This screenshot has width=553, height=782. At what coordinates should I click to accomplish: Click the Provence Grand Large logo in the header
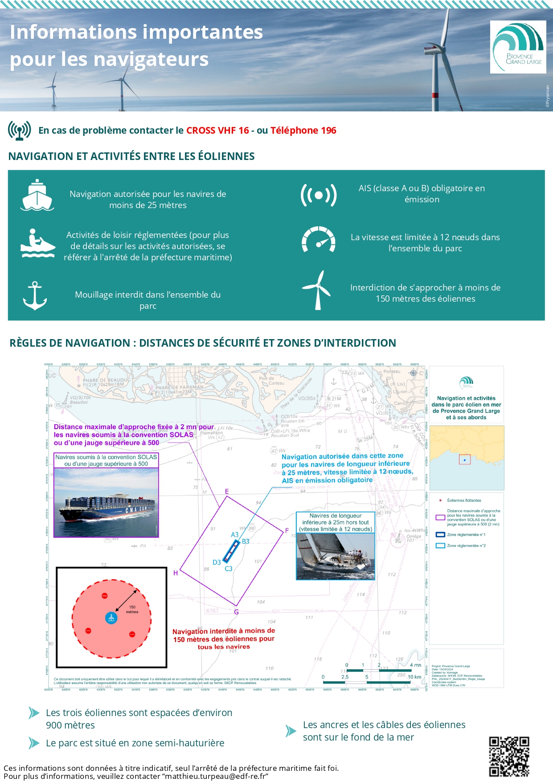[518, 47]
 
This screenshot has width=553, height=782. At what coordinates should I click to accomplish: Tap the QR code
[509, 756]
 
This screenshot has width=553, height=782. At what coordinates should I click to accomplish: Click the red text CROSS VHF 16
[217, 131]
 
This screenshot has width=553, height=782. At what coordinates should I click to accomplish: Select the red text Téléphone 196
[303, 131]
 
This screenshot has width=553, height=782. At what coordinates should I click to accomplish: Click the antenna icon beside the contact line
[19, 131]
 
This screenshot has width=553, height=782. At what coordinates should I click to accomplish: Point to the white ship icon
[37, 195]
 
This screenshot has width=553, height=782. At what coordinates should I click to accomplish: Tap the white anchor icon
[35, 296]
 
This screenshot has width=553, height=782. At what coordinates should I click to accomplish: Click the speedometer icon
[318, 240]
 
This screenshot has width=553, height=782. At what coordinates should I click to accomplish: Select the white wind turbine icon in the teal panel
[317, 291]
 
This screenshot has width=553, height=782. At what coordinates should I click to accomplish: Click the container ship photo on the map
[106, 502]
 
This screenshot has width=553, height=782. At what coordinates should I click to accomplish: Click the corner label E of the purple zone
[227, 491]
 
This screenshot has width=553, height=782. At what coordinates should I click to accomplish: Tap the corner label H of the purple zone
[176, 573]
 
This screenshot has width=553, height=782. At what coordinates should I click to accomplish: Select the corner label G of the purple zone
[236, 612]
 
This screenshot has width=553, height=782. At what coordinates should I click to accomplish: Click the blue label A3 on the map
[235, 535]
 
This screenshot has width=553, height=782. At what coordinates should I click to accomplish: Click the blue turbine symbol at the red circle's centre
[111, 618]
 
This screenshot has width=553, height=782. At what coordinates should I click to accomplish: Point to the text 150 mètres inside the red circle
[132, 609]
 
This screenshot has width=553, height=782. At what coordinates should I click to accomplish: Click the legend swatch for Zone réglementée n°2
[440, 545]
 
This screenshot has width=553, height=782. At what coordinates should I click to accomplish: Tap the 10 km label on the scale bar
[414, 677]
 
